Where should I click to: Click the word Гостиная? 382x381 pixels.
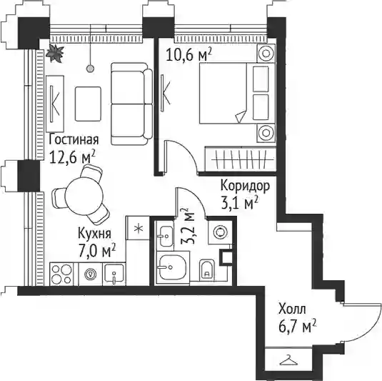point(74,140)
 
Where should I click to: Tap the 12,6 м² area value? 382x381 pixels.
point(72,157)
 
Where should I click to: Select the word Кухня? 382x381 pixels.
point(94,233)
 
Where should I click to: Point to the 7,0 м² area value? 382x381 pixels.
point(96,250)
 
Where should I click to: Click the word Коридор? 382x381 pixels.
point(246,187)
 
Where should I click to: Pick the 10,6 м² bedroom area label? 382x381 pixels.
point(189,54)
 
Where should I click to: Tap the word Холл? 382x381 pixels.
point(292,309)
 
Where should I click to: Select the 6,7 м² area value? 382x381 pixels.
point(298,326)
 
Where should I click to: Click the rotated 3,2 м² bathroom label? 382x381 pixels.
point(188,226)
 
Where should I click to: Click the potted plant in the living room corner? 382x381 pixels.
point(55,54)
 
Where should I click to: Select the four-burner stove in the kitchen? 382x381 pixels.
point(62,274)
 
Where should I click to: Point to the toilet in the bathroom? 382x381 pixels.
point(207,270)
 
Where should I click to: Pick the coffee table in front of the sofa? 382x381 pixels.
point(88,104)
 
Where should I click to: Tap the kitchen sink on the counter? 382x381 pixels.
point(114,274)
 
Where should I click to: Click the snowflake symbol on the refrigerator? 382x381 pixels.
point(139,229)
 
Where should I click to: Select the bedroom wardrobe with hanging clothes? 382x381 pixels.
point(240,159)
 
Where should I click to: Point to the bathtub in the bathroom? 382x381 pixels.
point(173,267)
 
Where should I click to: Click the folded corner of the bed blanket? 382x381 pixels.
point(241,116)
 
